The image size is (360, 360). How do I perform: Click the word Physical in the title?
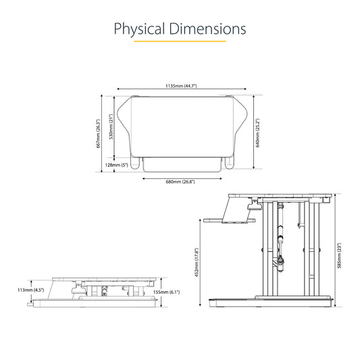(139, 30)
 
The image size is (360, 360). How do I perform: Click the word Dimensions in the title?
(208, 28)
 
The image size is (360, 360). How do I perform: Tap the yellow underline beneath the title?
(180, 41)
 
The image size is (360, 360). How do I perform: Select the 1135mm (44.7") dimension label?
(181, 86)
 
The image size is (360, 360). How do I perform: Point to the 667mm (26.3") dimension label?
(98, 133)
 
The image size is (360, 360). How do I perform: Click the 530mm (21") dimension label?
(111, 126)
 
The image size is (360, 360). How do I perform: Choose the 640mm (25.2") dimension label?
(257, 132)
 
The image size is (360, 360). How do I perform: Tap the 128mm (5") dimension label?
(117, 165)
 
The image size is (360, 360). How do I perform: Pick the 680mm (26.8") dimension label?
(180, 182)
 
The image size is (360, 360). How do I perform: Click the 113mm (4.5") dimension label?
(31, 290)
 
